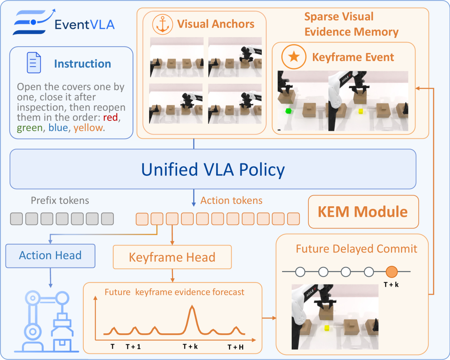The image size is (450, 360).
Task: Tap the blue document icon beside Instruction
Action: tap(34, 62)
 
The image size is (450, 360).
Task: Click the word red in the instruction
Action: tap(110, 117)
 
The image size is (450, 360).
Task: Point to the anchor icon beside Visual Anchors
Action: tap(162, 25)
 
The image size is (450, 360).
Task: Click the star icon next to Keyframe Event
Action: tap(294, 57)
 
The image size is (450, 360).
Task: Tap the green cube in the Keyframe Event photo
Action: tap(288, 111)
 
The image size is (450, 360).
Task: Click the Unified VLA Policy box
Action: tap(213, 169)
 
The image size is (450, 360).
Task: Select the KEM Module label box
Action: tap(363, 212)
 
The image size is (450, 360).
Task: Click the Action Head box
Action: tap(50, 256)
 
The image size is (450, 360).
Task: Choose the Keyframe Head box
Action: tap(172, 257)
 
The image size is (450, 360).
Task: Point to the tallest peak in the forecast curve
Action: tap(192, 307)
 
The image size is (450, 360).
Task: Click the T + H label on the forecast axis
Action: tap(235, 347)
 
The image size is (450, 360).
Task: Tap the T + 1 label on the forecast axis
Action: tap(133, 347)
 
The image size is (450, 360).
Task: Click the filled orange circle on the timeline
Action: tap(391, 272)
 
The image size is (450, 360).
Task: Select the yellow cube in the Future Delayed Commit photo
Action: tap(327, 328)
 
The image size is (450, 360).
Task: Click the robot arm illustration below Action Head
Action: tap(47, 322)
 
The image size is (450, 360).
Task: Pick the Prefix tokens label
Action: tap(60, 200)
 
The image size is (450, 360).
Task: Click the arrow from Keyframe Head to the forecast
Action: tap(172, 275)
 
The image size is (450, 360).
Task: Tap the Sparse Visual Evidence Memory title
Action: tap(351, 24)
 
